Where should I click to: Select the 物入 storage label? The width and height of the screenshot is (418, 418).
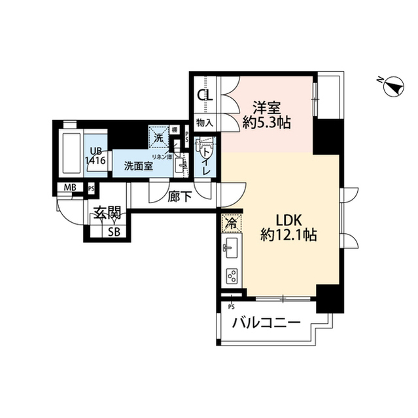pos(205,122)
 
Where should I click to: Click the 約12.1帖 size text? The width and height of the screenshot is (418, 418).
pos(289,235)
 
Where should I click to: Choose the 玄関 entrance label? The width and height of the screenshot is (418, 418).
pos(105,212)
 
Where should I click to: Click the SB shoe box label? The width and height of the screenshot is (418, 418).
pos(113,231)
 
